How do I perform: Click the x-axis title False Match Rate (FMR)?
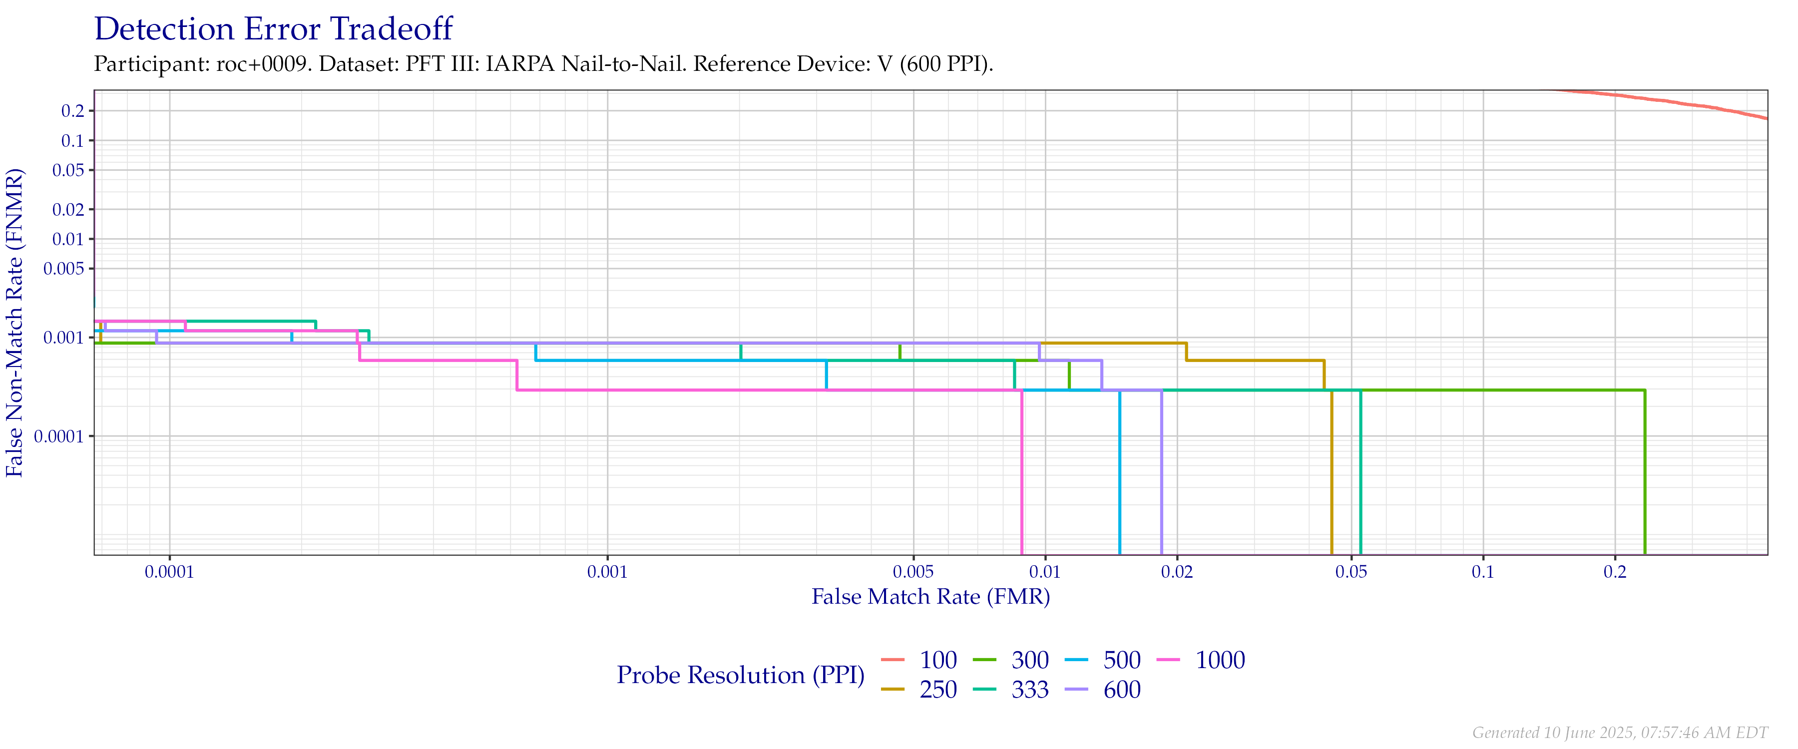pos(930,597)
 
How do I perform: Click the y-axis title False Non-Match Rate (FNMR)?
pos(15,323)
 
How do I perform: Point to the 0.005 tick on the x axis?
pos(913,572)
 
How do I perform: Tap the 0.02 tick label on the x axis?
pos(1177,572)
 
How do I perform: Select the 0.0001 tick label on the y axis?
pos(63,437)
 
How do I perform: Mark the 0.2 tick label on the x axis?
pos(1614,572)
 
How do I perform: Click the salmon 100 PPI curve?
pos(1675,102)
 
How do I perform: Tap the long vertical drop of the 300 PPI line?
pos(1645,475)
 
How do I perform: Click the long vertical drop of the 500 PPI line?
pos(1120,475)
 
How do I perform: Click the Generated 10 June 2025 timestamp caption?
pos(1619,732)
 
